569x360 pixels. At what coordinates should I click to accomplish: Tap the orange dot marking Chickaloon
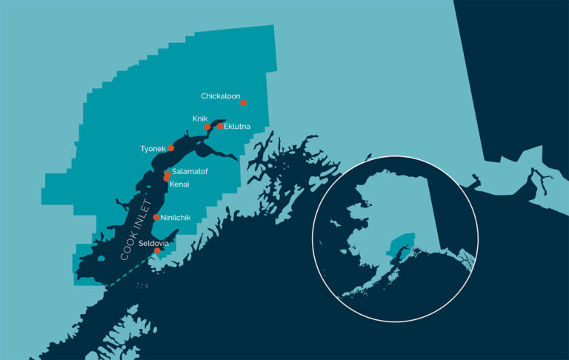[x=243, y=103]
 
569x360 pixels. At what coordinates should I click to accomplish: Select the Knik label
[x=200, y=119]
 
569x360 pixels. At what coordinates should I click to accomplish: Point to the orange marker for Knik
[x=207, y=127]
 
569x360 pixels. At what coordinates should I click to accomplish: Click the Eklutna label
[x=237, y=127]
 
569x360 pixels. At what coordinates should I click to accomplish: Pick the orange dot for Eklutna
[x=220, y=127]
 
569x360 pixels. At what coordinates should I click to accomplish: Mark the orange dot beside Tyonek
[x=171, y=148]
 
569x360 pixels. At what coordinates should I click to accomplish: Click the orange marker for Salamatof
[x=167, y=173]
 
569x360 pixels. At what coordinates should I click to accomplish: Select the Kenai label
[x=180, y=182]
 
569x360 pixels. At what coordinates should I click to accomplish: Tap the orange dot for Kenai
[x=167, y=179]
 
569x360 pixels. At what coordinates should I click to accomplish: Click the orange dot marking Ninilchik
[x=156, y=217]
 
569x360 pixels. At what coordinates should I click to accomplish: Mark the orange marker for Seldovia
[x=157, y=250]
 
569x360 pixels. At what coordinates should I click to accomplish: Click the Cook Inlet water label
[x=136, y=230]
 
